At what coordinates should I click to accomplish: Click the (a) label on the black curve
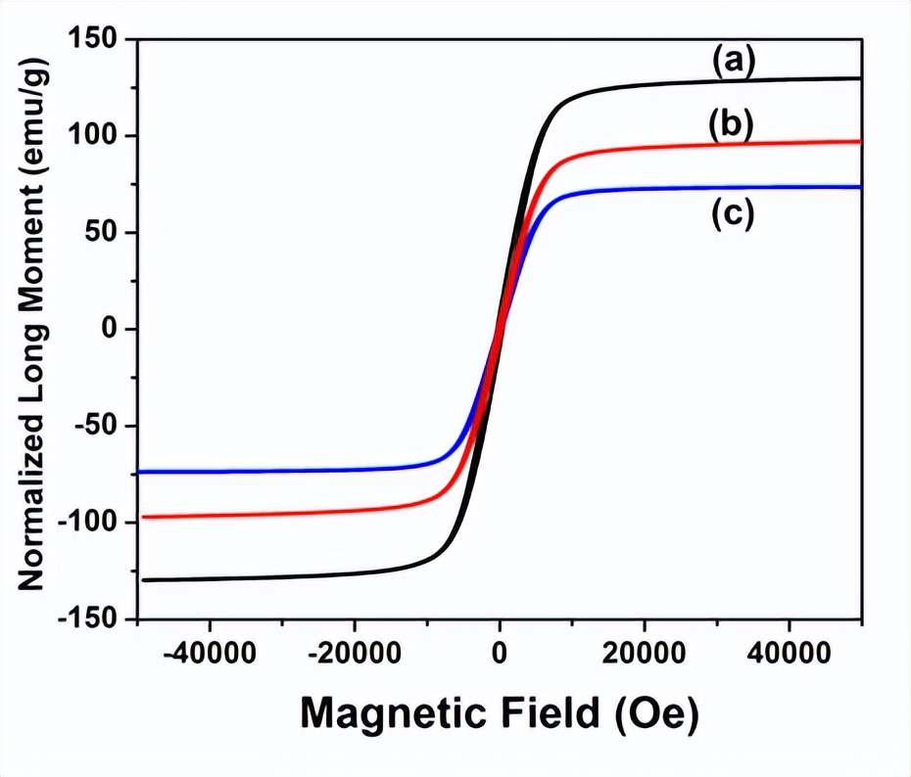pos(734,62)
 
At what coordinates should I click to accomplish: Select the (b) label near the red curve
pos(730,125)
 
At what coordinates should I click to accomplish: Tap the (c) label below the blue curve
pos(732,214)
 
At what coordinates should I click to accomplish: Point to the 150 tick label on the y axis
pos(93,39)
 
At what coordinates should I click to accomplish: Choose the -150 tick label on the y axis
pos(88,619)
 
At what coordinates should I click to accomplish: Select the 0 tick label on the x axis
pos(500,651)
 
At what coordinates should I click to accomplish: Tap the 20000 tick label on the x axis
pos(644,651)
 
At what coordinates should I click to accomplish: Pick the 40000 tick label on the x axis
pos(790,651)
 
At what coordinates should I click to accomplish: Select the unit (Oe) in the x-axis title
pos(657,714)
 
